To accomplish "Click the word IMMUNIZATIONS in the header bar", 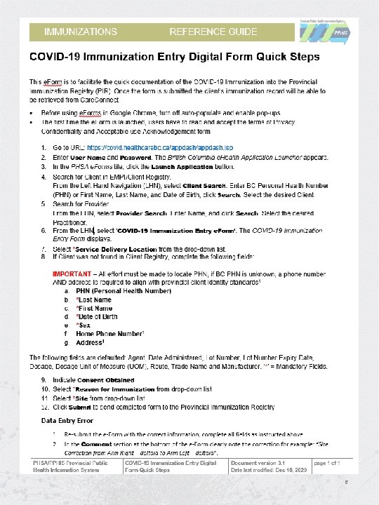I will click(81, 32).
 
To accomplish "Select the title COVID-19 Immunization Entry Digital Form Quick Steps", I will click(174, 55).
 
